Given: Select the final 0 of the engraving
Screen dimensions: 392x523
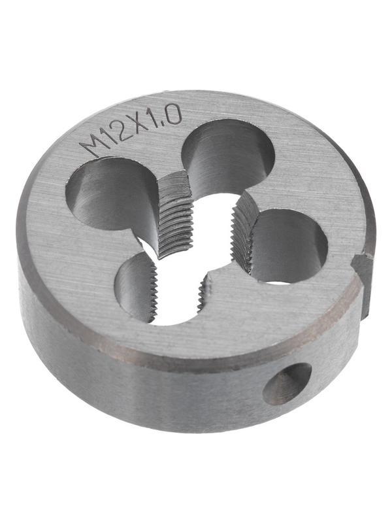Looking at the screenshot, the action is pos(174,114).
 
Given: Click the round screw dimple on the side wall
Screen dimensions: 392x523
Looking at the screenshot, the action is pos(287,384).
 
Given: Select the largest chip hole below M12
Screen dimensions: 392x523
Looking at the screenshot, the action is pos(110,197).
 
